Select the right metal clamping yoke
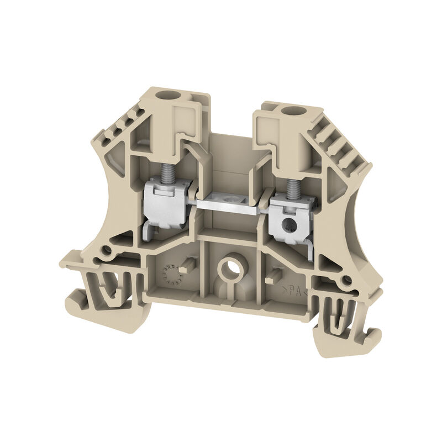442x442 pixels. pyautogui.click(x=290, y=221)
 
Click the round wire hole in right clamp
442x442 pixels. pyautogui.click(x=286, y=224)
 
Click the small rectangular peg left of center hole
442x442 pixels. pyautogui.click(x=190, y=264)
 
